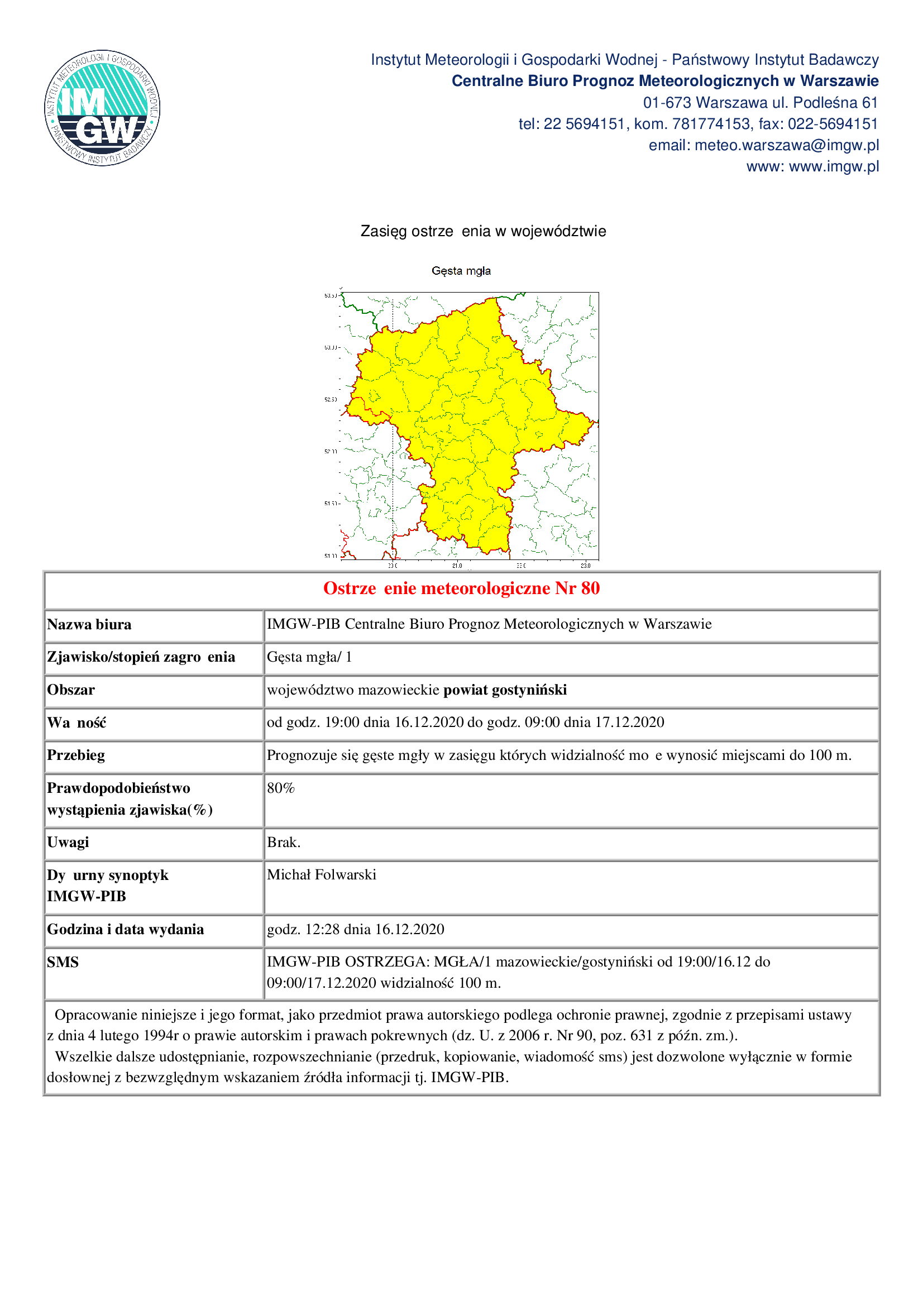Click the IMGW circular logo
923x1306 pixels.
102,108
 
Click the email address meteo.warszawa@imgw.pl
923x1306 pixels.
787,146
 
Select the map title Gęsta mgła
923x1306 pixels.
461,271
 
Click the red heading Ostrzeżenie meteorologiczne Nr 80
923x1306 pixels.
461,588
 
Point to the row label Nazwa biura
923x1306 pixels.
89,625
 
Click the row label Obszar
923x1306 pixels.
71,690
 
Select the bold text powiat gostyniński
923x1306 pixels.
505,690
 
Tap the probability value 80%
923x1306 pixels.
281,788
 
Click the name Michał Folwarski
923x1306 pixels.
322,875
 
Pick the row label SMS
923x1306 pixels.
63,963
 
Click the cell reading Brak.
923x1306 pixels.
284,843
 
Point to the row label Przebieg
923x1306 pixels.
76,755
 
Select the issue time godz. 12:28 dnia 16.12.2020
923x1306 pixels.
356,930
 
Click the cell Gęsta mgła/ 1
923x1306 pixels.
309,658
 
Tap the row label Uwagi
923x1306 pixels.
68,843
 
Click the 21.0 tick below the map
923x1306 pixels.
457,566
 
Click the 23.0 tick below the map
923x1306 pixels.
586,566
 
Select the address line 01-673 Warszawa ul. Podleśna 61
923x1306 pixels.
761,103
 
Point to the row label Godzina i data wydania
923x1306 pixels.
126,930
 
